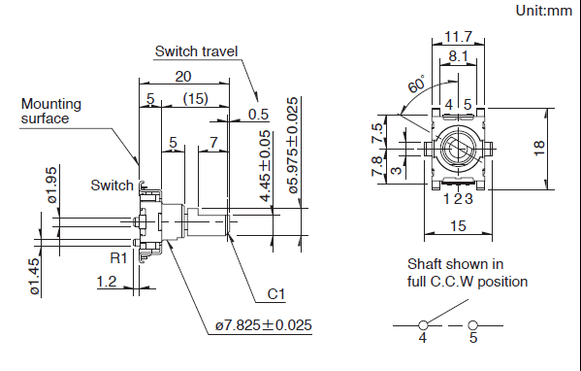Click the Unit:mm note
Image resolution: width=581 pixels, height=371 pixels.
click(544, 11)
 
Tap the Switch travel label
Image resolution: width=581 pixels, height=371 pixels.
click(196, 51)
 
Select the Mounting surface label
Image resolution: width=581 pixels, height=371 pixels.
click(51, 111)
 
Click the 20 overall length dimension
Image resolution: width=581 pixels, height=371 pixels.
click(183, 77)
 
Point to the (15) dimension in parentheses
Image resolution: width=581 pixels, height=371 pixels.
click(195, 99)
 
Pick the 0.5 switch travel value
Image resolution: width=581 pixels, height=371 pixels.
click(258, 115)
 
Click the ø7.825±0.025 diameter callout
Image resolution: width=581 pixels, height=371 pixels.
click(264, 325)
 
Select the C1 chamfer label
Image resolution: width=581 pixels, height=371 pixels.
click(276, 294)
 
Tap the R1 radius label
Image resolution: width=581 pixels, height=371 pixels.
click(118, 257)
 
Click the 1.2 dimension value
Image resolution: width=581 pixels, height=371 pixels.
click(107, 282)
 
